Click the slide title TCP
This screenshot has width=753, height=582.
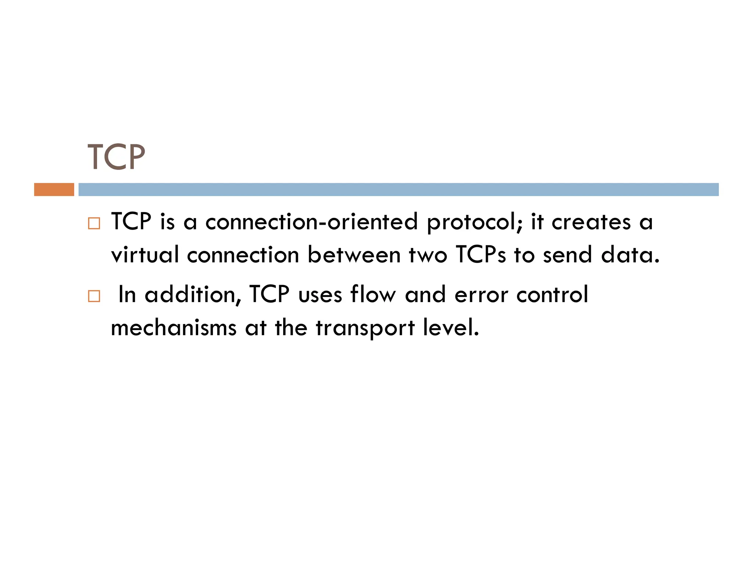pyautogui.click(x=116, y=157)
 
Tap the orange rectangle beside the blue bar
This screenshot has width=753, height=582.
pyautogui.click(x=54, y=189)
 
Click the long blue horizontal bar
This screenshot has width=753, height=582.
pyautogui.click(x=398, y=189)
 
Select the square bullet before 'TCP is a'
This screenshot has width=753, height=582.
pyautogui.click(x=94, y=223)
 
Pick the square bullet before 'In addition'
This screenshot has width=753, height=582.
pyautogui.click(x=94, y=296)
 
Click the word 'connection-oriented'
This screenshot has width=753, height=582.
pyautogui.click(x=311, y=222)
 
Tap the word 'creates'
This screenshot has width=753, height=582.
pyautogui.click(x=591, y=222)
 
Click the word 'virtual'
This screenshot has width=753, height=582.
pyautogui.click(x=145, y=255)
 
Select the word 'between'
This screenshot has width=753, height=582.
pyautogui.click(x=354, y=255)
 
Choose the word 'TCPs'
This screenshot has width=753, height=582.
pyautogui.click(x=481, y=255)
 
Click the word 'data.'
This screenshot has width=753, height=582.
pyautogui.click(x=630, y=255)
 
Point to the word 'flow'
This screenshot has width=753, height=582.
pyautogui.click(x=373, y=294)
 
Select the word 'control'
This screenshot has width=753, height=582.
pyautogui.click(x=552, y=294)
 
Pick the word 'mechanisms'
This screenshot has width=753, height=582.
pyautogui.click(x=174, y=327)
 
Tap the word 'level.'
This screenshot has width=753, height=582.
pyautogui.click(x=451, y=327)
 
